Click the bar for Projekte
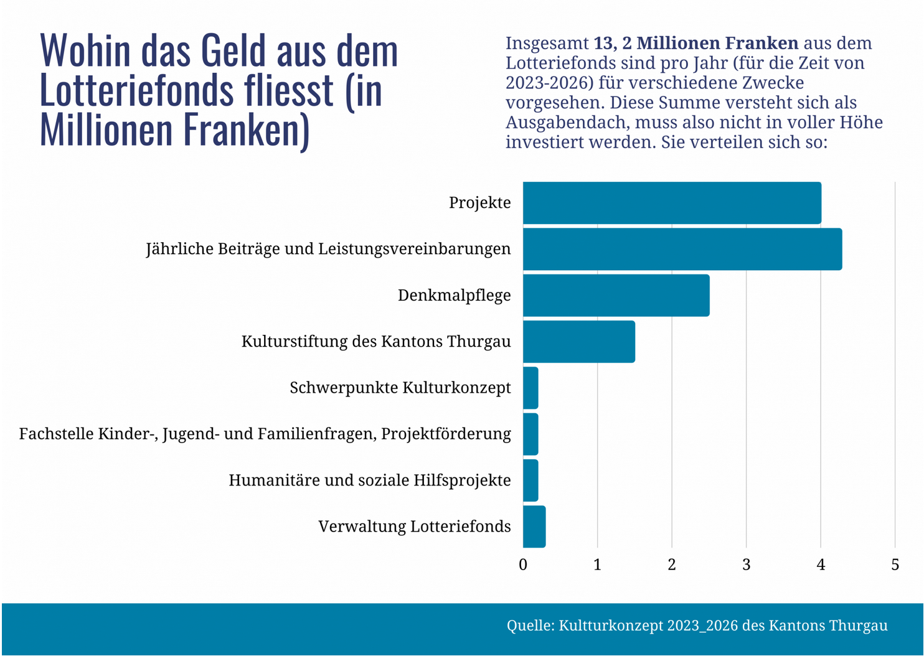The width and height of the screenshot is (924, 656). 672,203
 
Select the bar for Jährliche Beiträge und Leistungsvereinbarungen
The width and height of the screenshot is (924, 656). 682,249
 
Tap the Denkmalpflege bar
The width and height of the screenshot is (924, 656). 616,296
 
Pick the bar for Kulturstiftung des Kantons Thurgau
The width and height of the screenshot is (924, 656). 579,342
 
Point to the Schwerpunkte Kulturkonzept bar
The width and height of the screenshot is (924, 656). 530,388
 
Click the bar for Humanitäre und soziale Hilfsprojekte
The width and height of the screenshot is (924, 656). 530,480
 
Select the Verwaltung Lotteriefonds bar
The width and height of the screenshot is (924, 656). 534,527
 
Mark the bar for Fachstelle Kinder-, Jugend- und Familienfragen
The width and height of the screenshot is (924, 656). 530,434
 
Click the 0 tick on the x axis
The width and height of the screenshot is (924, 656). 523,565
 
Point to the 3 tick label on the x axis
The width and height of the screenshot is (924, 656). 746,565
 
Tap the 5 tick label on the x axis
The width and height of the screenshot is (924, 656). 895,565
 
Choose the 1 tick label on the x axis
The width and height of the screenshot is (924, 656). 597,565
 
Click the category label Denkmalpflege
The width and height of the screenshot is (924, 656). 454,296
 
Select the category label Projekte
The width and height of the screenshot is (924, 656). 479,203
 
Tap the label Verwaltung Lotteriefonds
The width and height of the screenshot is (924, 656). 414,527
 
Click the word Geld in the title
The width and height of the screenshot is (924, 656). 233,51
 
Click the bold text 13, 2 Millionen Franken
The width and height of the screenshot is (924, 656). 695,43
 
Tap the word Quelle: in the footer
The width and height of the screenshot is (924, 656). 530,626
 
